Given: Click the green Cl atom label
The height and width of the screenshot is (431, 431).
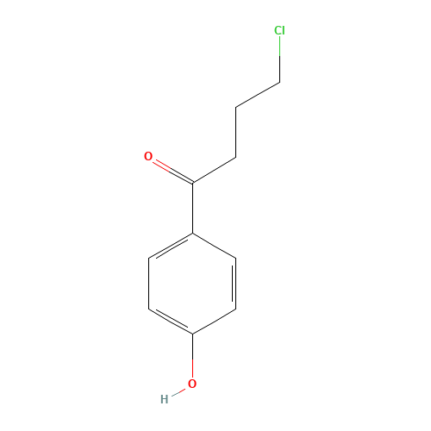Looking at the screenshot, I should (x=279, y=31).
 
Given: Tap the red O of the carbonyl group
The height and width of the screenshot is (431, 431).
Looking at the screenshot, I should (x=148, y=157).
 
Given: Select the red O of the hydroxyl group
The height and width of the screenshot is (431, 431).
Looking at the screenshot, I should (x=192, y=383).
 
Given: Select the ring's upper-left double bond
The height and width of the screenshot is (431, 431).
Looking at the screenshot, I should (x=171, y=245).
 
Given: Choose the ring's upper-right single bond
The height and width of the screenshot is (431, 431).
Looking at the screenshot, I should (x=214, y=245).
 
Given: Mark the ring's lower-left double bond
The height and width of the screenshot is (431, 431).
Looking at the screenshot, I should (x=171, y=320).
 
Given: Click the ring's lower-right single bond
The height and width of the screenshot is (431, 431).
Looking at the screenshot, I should (x=214, y=320).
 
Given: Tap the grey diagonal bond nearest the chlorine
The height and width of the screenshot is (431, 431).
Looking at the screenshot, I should (x=257, y=96).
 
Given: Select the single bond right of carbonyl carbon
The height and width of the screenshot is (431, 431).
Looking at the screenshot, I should (x=214, y=171).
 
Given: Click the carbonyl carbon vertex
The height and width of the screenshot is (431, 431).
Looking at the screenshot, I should (x=192, y=183).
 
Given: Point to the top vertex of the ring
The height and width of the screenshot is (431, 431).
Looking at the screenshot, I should (x=192, y=233).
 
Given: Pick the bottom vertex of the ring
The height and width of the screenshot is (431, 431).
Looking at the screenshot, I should (x=192, y=333).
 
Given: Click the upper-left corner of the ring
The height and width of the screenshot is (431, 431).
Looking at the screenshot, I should (x=149, y=258).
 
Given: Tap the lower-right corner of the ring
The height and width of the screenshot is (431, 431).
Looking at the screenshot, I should (x=235, y=308).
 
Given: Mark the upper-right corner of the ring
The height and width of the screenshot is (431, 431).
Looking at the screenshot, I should (x=235, y=258).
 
